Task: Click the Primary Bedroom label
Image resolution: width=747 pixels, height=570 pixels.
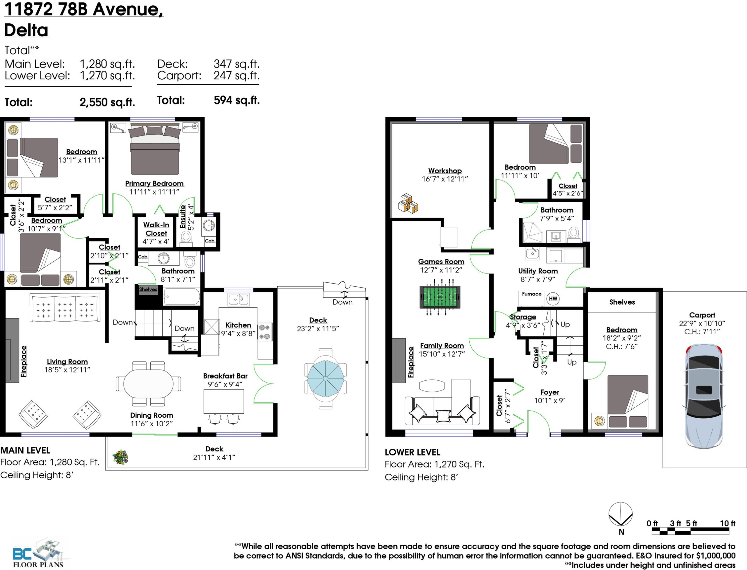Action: click(154, 184)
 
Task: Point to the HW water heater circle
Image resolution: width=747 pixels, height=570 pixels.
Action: click(553, 299)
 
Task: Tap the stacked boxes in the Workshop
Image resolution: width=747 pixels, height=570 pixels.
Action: click(408, 204)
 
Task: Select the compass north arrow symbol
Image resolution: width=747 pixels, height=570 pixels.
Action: click(621, 514)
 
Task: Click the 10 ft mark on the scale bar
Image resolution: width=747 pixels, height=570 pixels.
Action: click(728, 523)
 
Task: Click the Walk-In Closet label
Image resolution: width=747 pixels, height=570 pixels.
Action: click(156, 229)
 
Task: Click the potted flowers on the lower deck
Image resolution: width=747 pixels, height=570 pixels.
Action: click(121, 457)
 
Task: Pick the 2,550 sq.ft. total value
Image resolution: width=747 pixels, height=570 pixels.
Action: click(107, 102)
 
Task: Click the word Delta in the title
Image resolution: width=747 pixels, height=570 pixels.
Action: click(26, 30)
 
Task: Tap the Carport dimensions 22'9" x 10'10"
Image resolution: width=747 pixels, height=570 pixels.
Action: click(702, 323)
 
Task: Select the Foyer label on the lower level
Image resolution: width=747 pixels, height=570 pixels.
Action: click(550, 392)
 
